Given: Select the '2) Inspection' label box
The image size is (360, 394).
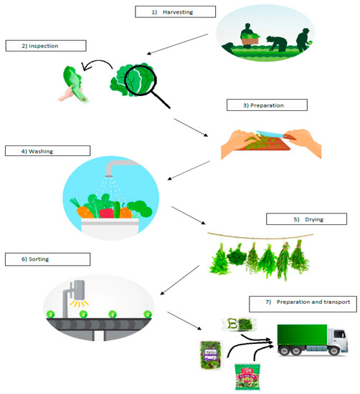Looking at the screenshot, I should (x=44, y=46).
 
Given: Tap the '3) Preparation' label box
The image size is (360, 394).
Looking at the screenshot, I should (x=266, y=105).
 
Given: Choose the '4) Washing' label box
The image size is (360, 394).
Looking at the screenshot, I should (x=47, y=151).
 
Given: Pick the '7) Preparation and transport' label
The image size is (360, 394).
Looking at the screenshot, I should (x=300, y=303).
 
